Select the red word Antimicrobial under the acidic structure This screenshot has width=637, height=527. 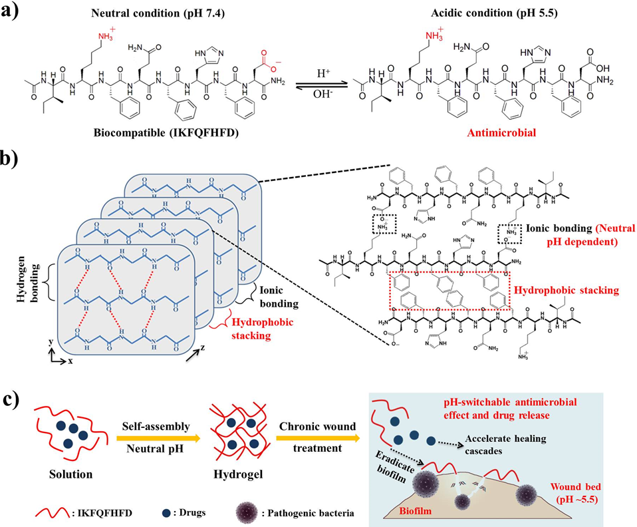487,134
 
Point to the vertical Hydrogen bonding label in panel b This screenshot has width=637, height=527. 21,265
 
